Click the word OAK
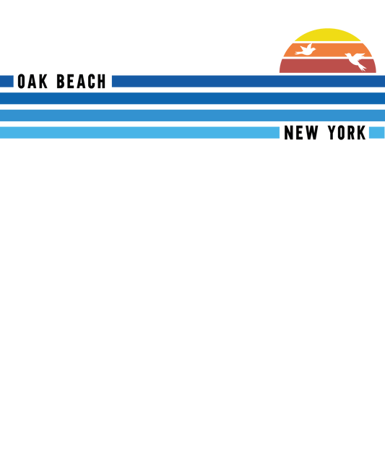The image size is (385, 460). pyautogui.click(x=33, y=82)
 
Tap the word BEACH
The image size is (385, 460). pyautogui.click(x=81, y=82)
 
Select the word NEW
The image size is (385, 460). pyautogui.click(x=301, y=133)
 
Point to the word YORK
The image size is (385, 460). pyautogui.click(x=347, y=133)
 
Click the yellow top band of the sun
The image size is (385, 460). pyautogui.click(x=327, y=35)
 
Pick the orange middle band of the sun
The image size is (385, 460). pyautogui.click(x=327, y=50)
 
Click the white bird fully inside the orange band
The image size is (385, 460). pyautogui.click(x=306, y=50)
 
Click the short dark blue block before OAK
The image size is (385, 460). pyautogui.click(x=7, y=82)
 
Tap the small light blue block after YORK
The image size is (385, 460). pyautogui.click(x=377, y=133)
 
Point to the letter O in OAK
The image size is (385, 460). pyautogui.click(x=21, y=82)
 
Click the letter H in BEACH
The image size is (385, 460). pyautogui.click(x=101, y=82)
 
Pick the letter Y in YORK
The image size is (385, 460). pyautogui.click(x=332, y=133)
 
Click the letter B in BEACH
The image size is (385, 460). pyautogui.click(x=60, y=82)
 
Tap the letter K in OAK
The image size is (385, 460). pyautogui.click(x=43, y=82)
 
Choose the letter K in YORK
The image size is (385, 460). pyautogui.click(x=362, y=133)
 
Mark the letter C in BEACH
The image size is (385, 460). pyautogui.click(x=92, y=82)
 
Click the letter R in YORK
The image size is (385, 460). pyautogui.click(x=352, y=133)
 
